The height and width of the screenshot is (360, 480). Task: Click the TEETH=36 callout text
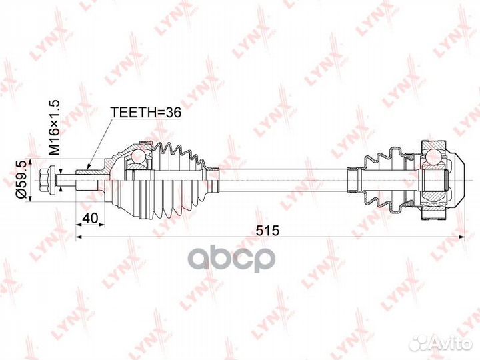tap(146, 113)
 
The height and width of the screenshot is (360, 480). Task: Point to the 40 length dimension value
tap(90, 218)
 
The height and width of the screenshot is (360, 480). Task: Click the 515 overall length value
tap(268, 230)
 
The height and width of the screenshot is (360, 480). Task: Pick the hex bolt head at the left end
tap(48, 180)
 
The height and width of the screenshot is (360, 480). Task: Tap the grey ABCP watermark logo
tap(231, 259)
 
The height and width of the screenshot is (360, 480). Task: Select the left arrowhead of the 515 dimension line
tap(79, 237)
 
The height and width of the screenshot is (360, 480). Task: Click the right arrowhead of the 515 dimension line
tap(461, 237)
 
